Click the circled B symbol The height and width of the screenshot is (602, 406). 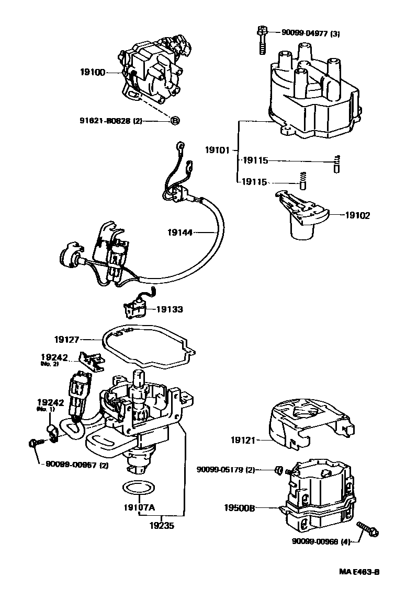175,121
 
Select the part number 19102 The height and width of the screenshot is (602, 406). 357,215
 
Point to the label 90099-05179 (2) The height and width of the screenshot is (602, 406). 225,470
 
